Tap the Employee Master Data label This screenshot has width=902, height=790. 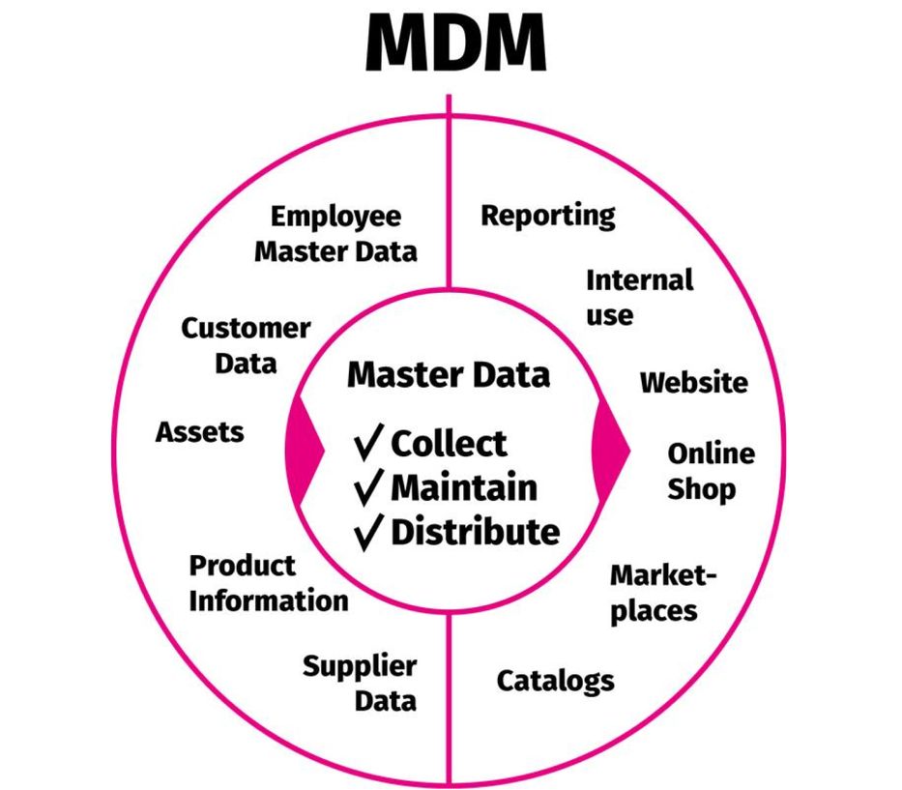tap(335, 233)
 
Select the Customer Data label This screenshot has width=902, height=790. tap(246, 345)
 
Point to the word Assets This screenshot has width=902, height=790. tap(200, 431)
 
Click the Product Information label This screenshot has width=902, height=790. tap(268, 583)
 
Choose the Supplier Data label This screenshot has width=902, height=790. tap(360, 683)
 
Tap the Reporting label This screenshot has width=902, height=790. tap(548, 215)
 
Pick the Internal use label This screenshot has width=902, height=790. tap(639, 297)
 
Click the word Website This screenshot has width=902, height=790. tap(693, 382)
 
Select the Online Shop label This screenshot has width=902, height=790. tap(711, 471)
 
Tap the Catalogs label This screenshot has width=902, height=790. tap(555, 681)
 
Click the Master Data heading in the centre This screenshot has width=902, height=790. tap(449, 374)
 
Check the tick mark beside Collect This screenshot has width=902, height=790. tap(369, 444)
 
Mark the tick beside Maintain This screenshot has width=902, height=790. tap(369, 488)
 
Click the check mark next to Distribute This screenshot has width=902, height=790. tap(369, 532)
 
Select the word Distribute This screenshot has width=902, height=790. tap(475, 532)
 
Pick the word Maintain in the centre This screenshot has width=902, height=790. tap(463, 487)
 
